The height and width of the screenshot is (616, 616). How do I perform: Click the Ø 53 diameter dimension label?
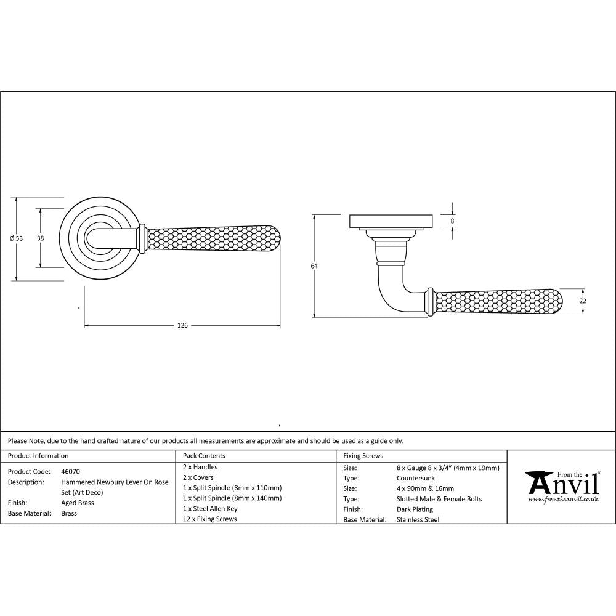17,238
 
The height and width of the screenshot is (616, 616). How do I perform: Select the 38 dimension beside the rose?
40,238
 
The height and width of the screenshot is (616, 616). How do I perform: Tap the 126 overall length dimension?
182,325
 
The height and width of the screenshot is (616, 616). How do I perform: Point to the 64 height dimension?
314,265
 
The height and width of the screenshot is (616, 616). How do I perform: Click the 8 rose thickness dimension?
453,221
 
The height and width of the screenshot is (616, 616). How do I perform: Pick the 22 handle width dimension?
583,301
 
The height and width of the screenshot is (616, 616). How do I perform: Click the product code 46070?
70,472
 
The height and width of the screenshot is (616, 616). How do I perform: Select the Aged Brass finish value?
78,503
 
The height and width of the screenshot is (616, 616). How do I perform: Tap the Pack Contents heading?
204,456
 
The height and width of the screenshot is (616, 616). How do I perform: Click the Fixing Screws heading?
363,456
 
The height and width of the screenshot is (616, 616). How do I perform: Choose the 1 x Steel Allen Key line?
210,509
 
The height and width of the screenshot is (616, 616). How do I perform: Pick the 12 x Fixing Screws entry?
209,519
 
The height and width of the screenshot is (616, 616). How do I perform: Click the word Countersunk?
416,478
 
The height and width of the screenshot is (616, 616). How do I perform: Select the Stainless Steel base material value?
418,520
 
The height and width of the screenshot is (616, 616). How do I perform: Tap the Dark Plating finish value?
415,509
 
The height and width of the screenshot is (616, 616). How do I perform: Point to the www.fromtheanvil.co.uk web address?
563,500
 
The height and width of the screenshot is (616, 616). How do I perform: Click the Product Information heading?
38,456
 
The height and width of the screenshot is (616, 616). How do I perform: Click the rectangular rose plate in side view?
391,221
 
